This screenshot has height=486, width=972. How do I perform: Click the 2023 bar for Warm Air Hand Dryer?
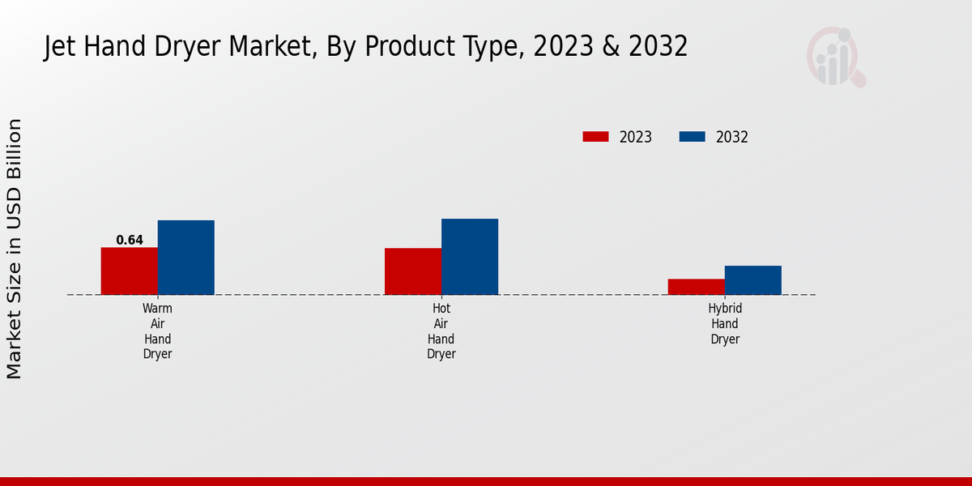129,271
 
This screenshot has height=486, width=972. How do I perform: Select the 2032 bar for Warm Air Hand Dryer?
185,257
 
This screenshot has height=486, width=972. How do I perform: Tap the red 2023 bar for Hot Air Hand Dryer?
412,271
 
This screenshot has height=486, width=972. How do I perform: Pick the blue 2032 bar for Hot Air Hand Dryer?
469,256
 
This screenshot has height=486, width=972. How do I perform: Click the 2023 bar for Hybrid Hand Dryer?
696,287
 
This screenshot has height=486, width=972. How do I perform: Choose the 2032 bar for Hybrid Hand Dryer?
752,279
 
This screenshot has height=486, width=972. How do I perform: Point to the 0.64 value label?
130,240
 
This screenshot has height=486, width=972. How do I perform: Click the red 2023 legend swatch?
595,137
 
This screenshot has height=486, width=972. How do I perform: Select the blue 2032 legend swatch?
692,137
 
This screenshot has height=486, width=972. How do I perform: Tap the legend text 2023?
636,137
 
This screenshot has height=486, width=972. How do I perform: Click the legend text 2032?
732,137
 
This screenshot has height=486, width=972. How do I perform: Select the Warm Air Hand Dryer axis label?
157,331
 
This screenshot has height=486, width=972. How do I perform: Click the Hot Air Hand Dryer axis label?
441,331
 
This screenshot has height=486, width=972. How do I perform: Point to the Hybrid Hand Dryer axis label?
725,324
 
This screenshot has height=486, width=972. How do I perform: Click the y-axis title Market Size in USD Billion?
15,249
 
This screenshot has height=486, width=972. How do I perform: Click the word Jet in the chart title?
58,47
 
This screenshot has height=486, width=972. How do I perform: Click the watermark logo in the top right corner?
835,57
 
